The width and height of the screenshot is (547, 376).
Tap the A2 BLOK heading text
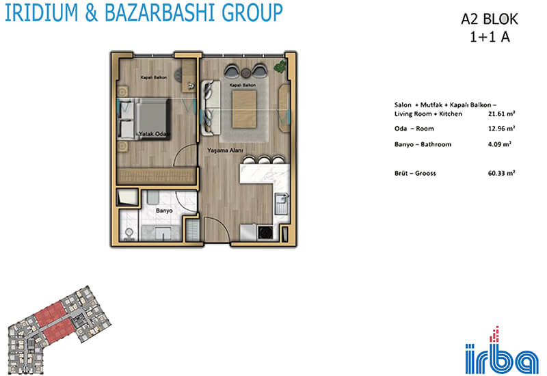pos(490,19)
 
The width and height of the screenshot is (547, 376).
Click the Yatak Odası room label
pos(155,133)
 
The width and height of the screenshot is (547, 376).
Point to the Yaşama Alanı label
pos(225,150)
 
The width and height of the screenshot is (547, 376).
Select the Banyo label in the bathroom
pos(164,211)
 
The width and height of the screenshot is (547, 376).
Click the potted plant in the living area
pos(280,66)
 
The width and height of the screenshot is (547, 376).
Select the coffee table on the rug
pos(245,109)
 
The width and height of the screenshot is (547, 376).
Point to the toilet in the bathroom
pos(129,234)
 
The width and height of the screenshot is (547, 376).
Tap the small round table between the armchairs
pos(246,73)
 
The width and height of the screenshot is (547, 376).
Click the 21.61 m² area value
pos(502,113)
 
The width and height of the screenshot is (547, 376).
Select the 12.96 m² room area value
pos(502,129)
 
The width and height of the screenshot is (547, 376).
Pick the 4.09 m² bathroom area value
pos(500,144)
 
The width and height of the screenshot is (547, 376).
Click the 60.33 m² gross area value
pos(502,173)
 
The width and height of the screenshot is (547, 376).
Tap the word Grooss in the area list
pos(425,173)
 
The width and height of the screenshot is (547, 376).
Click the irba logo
pos(502,351)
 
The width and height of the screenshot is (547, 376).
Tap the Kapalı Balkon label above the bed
pos(153,77)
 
